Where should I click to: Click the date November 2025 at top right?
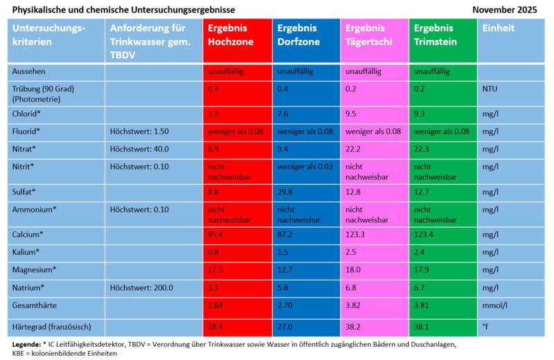pos(504,10)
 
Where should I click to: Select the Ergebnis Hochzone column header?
pos(231,35)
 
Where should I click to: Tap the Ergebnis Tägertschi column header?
pos(369,35)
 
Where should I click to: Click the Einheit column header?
pos(499,28)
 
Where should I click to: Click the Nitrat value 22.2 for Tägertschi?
pos(355,148)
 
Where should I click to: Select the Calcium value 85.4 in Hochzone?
pos(217,235)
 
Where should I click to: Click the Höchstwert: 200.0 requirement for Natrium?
pos(141,287)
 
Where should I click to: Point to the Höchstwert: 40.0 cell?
pos(139,148)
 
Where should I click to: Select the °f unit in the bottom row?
pos(487,326)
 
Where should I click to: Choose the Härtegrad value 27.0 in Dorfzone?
pos(286,326)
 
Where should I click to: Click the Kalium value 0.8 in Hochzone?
pos(214,252)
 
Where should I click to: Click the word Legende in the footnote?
pos(26,343)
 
